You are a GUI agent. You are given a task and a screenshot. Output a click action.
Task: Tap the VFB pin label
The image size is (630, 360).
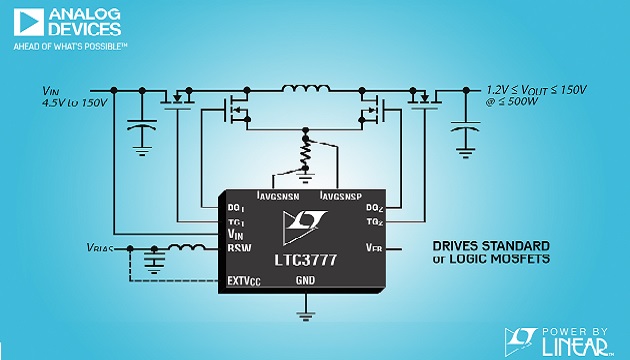tap(374, 246)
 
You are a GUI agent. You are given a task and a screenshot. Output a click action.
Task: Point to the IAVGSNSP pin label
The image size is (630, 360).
tap(341, 192)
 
